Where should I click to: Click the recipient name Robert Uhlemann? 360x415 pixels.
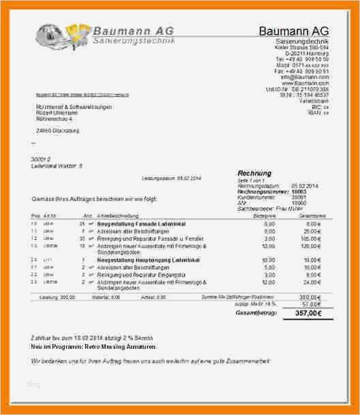(57, 112)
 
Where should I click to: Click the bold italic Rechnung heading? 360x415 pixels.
(254, 173)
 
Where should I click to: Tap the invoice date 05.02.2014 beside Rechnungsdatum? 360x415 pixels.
(304, 185)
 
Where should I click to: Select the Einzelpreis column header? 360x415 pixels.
(264, 216)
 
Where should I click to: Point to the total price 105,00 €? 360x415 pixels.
(310, 239)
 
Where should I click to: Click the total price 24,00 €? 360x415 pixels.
(312, 281)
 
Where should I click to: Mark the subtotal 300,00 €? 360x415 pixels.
(308, 297)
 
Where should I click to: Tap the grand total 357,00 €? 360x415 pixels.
(306, 313)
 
